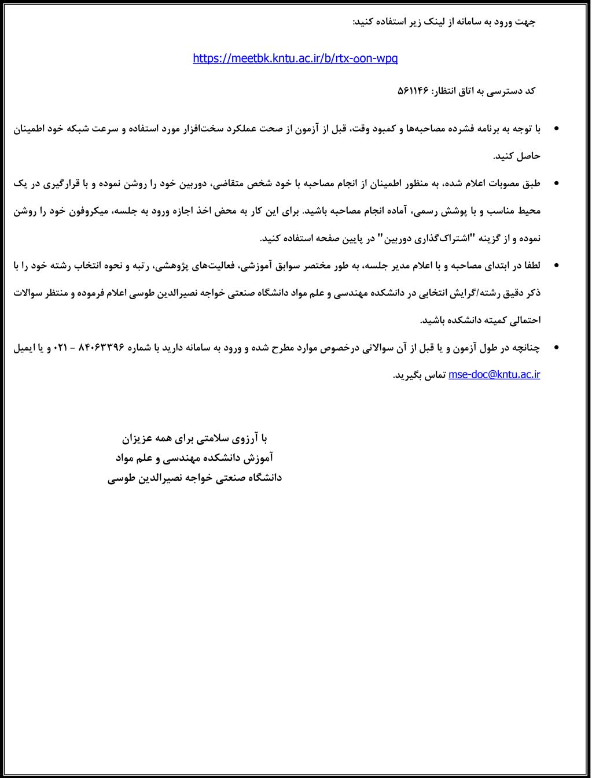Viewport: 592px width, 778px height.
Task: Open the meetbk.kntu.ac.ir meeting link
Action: (x=295, y=58)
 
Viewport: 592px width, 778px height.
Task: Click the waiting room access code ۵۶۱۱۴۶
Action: (x=412, y=91)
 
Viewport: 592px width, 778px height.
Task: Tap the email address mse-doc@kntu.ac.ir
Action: (x=494, y=374)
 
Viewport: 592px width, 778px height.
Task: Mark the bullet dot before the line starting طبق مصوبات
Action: (x=557, y=183)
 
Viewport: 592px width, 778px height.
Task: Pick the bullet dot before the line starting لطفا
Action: (x=557, y=266)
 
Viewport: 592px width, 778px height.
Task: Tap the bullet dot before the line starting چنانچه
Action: (x=557, y=347)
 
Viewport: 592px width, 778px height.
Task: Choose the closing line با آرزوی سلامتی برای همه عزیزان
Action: (x=195, y=438)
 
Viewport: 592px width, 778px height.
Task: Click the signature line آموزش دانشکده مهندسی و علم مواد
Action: (x=194, y=458)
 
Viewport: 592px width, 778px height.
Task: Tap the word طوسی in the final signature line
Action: (x=121, y=478)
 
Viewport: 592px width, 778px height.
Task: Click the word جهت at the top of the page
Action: (x=525, y=22)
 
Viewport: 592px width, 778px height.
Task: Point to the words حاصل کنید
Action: (x=516, y=156)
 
